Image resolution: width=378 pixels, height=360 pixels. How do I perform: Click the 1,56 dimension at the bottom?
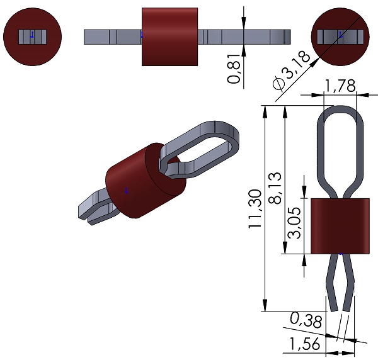(x=304, y=344)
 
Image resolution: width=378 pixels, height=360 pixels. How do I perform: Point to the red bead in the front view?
(x=341, y=226)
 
